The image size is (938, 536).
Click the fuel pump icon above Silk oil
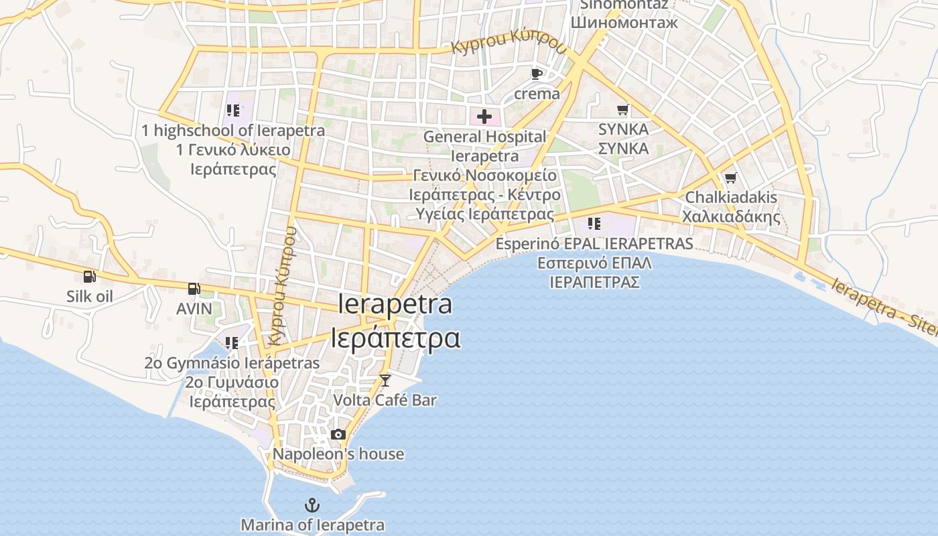[89, 276]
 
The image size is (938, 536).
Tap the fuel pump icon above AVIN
[194, 289]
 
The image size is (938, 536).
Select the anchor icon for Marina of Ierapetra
[312, 505]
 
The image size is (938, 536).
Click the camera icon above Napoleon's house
[338, 434]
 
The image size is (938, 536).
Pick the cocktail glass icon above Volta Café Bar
[385, 381]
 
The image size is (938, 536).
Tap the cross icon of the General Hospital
[484, 117]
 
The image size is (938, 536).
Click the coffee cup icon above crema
[536, 74]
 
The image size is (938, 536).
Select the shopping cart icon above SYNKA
[623, 109]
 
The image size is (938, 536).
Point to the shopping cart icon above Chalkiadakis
[730, 178]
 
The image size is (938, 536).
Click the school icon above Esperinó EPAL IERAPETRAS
[594, 223]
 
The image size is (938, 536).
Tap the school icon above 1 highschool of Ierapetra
[232, 111]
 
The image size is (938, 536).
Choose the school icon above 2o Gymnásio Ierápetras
[232, 343]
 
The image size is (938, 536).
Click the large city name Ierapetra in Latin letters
[395, 305]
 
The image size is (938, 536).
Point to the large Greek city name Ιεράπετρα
[395, 338]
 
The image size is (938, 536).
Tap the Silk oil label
[90, 296]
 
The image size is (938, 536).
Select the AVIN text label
[194, 309]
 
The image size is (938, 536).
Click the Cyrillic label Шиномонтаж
[624, 22]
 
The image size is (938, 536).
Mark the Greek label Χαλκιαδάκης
[731, 216]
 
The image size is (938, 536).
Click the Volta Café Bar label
[385, 400]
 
